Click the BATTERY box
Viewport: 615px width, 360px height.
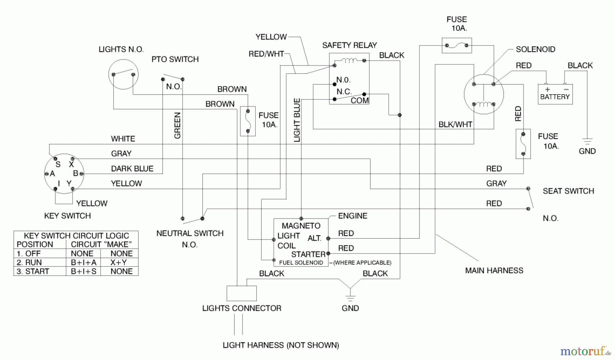[x=555, y=94]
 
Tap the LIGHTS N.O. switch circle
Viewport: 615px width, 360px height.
[x=123, y=74]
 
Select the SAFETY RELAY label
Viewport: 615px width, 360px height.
[x=349, y=45]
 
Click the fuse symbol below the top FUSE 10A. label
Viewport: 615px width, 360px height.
[x=457, y=45]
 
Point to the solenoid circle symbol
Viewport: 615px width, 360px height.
[x=483, y=94]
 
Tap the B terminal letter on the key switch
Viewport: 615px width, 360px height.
[x=76, y=173]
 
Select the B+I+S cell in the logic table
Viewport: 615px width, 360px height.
[x=83, y=272]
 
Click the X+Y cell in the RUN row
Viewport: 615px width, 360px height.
[x=119, y=262]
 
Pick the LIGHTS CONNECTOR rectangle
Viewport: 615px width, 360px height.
[x=242, y=293]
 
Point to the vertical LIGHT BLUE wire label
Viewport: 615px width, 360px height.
[x=297, y=120]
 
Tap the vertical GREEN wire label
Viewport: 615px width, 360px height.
[x=177, y=125]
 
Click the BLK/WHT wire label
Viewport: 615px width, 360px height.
[x=455, y=125]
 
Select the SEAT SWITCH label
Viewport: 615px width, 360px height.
[x=568, y=191]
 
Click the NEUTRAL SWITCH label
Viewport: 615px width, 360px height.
[x=190, y=233]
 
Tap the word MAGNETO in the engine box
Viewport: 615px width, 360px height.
[x=301, y=226]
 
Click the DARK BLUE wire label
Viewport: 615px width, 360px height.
[x=132, y=168]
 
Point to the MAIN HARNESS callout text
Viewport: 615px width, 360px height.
[x=494, y=271]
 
